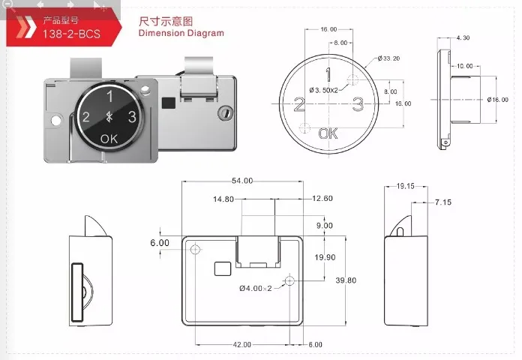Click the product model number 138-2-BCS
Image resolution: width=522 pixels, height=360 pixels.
click(x=72, y=34)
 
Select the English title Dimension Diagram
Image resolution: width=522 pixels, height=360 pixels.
click(x=181, y=33)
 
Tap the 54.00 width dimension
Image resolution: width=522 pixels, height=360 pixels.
click(x=242, y=181)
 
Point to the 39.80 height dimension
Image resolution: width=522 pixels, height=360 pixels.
click(x=345, y=280)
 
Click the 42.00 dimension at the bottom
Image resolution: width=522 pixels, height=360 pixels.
click(x=241, y=344)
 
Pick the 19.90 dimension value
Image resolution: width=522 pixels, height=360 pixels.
click(x=325, y=257)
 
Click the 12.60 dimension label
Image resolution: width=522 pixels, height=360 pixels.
click(x=322, y=199)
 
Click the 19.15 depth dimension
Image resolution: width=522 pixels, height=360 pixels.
click(x=405, y=185)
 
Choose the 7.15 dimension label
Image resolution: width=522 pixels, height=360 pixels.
click(x=442, y=202)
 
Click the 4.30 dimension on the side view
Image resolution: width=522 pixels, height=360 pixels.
click(x=462, y=37)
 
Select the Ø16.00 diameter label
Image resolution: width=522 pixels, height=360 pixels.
click(x=498, y=99)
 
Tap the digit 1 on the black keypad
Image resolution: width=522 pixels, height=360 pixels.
click(x=109, y=95)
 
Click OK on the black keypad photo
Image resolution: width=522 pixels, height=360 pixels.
click(x=109, y=138)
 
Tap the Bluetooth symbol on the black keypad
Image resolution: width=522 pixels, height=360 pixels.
click(x=109, y=116)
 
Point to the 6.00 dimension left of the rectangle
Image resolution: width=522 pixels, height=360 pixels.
click(x=160, y=243)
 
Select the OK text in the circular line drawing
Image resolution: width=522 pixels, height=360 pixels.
click(x=328, y=133)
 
